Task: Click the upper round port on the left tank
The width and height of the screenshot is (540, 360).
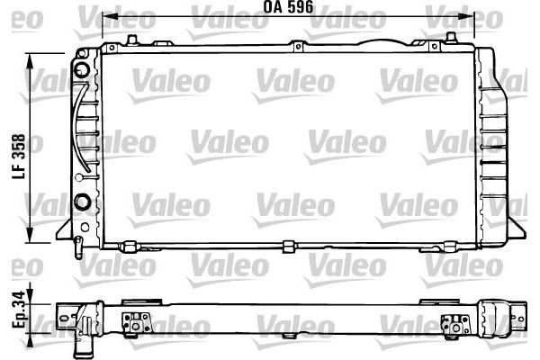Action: coord(82,69)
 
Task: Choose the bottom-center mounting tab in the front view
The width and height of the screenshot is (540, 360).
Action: coord(288,246)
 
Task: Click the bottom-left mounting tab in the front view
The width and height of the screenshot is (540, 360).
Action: coord(130,246)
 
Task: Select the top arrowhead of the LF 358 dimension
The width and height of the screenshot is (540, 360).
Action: coord(34,58)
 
